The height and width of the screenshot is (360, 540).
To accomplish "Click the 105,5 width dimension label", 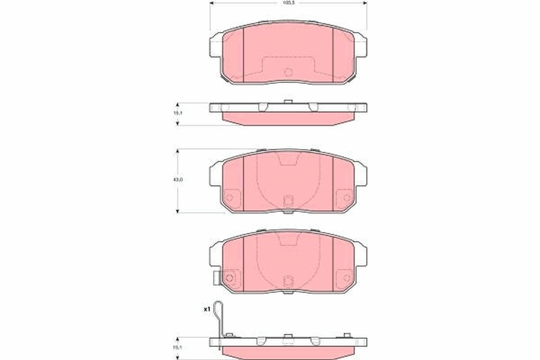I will (288, 3).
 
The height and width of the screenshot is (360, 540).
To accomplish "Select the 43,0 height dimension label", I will (178, 180).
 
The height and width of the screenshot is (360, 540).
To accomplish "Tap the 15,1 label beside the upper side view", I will (178, 113).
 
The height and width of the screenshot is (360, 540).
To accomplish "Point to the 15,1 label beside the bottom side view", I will (178, 348).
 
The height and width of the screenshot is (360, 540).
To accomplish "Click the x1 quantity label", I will (207, 310).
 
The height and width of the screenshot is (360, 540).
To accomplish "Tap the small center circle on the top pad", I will (288, 72).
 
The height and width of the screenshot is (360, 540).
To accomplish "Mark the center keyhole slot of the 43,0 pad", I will (288, 200).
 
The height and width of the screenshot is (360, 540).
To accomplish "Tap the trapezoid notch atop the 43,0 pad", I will (288, 158).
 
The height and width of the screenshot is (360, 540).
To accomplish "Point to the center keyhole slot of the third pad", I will (288, 281).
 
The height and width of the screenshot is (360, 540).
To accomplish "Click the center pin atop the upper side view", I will (288, 101).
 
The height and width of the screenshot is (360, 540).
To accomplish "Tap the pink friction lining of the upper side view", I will (288, 118).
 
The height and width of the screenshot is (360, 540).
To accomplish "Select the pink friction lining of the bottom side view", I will (288, 352).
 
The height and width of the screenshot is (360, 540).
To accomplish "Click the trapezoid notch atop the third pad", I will (288, 239).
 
